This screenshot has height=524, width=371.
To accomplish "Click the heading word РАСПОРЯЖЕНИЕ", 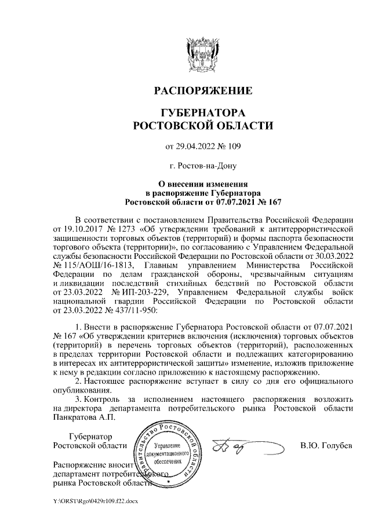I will click(202, 91).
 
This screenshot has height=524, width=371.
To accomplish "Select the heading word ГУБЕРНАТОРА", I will click(202, 112).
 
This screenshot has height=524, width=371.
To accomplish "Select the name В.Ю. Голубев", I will click(326, 446).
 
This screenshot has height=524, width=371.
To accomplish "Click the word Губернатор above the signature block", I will click(90, 437).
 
